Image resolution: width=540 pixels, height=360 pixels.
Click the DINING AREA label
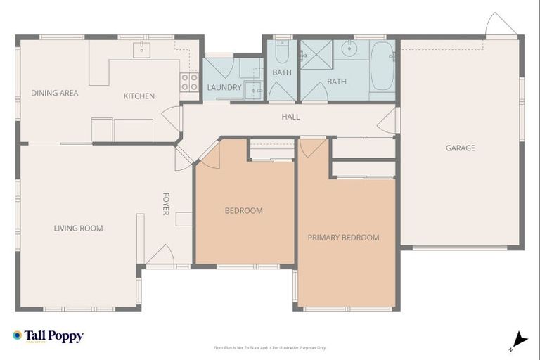54,93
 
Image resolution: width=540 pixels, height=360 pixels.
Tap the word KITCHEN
139,96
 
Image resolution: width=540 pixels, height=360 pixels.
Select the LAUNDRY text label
224,88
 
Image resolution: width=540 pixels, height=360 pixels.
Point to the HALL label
290,117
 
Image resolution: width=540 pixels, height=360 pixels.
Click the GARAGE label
461,148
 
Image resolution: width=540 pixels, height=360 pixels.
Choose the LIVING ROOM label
78,228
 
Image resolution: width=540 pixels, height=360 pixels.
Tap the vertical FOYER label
166,204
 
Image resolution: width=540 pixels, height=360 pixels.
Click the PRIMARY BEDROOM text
343,238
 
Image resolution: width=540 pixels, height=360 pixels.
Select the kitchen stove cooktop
189,82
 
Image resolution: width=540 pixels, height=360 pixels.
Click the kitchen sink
143,48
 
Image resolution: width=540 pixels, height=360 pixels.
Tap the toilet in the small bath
281,53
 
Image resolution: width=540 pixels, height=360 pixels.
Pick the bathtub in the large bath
382,67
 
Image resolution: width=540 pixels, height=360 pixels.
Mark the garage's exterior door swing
500,27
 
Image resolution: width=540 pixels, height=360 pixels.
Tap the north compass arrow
519,340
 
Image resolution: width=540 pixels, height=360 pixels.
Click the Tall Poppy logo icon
17,335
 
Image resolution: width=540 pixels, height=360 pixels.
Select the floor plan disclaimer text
270,347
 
